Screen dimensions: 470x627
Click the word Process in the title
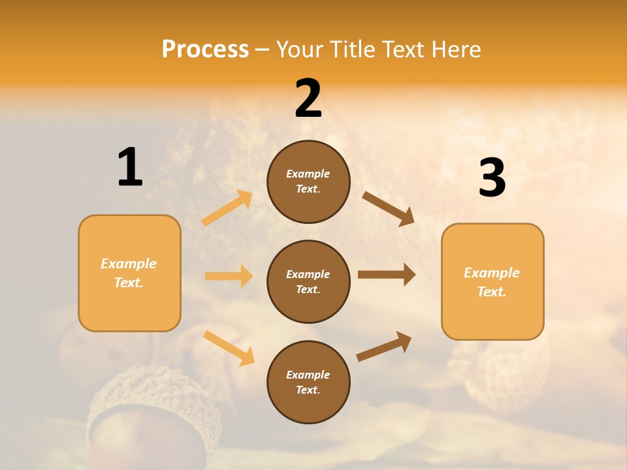coord(205,50)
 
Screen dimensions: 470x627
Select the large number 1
coord(130,168)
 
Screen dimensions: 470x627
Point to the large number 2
coord(308,99)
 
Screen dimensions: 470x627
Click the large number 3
coord(492,178)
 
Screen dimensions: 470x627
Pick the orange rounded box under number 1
coord(129,273)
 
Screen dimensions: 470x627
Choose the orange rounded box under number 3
coord(492,282)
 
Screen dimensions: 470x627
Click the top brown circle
coord(308,181)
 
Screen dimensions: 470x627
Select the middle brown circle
coord(308,282)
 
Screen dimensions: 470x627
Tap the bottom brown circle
coord(308,382)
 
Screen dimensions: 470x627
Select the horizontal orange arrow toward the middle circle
coord(229,276)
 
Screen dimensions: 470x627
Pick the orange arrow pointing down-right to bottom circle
coord(229,348)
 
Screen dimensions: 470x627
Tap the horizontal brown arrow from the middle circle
coord(387,275)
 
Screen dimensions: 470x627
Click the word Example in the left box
coord(129,264)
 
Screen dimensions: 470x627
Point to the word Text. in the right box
coord(492,292)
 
